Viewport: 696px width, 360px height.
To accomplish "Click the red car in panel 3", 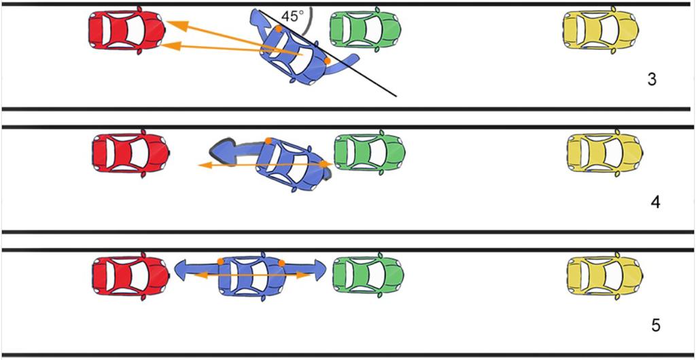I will click(126, 31).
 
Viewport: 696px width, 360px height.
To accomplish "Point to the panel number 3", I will click(652, 79).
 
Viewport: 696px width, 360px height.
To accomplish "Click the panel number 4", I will click(655, 202).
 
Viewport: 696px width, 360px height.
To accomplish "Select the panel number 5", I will click(656, 325).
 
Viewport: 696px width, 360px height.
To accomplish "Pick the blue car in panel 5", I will click(250, 275).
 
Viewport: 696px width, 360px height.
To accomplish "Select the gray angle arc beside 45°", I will click(309, 20).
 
